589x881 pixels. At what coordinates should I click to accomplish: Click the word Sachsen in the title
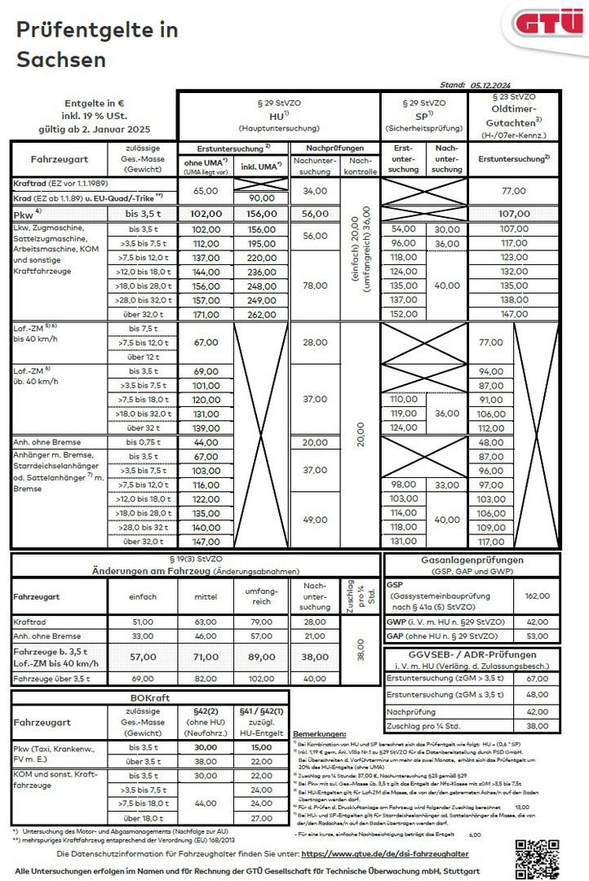61,60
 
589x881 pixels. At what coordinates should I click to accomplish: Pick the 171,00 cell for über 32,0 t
206,314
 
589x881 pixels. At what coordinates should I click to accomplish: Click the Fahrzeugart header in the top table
59,159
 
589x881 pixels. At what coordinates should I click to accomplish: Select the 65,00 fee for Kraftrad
206,190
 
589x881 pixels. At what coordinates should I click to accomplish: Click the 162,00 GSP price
537,596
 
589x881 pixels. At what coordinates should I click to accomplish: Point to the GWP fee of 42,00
537,621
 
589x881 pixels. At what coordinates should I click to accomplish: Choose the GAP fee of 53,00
537,636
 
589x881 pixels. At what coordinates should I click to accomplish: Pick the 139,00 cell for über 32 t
206,428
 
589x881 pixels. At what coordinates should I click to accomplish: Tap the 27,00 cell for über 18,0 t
261,818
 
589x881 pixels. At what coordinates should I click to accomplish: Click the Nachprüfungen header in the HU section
335,148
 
